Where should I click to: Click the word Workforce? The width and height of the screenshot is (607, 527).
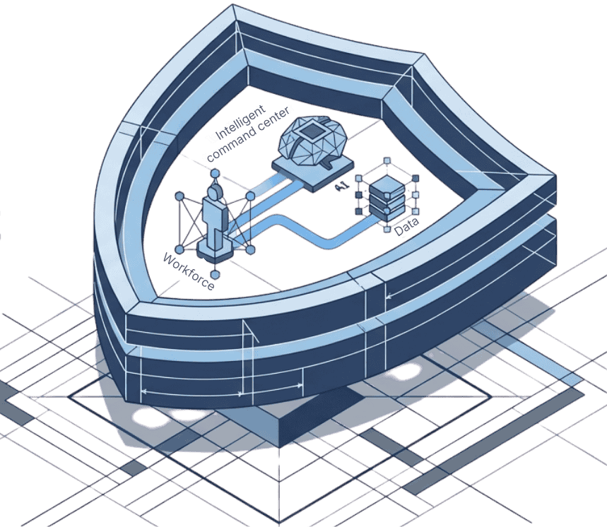pyautogui.click(x=188, y=272)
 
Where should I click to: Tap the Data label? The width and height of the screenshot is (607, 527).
pyautogui.click(x=406, y=227)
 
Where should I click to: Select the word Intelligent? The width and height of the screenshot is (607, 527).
pyautogui.click(x=240, y=122)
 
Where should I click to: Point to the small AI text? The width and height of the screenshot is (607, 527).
pyautogui.click(x=342, y=186)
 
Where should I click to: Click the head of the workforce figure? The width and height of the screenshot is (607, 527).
pyautogui.click(x=214, y=192)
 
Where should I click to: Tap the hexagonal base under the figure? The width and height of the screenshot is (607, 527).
pyautogui.click(x=215, y=250)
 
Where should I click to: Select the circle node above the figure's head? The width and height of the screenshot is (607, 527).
pyautogui.click(x=215, y=173)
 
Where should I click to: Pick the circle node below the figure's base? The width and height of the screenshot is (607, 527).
pyautogui.click(x=216, y=275)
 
